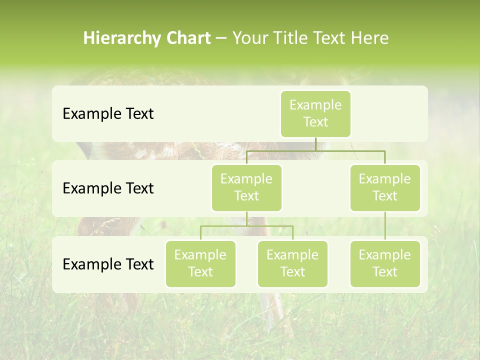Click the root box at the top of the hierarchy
pyautogui.click(x=315, y=114)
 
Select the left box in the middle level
pyautogui.click(x=246, y=188)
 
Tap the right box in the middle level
pyautogui.click(x=385, y=188)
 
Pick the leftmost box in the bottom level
pyautogui.click(x=200, y=264)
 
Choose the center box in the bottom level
pyautogui.click(x=292, y=264)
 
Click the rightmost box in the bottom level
pyautogui.click(x=385, y=264)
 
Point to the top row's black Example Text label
pyautogui.click(x=108, y=114)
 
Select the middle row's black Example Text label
pyautogui.click(x=108, y=188)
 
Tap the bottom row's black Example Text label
pyautogui.click(x=108, y=264)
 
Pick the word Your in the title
pyautogui.click(x=249, y=38)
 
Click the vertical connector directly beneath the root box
pyautogui.click(x=315, y=144)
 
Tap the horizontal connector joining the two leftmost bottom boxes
pyautogui.click(x=246, y=226)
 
